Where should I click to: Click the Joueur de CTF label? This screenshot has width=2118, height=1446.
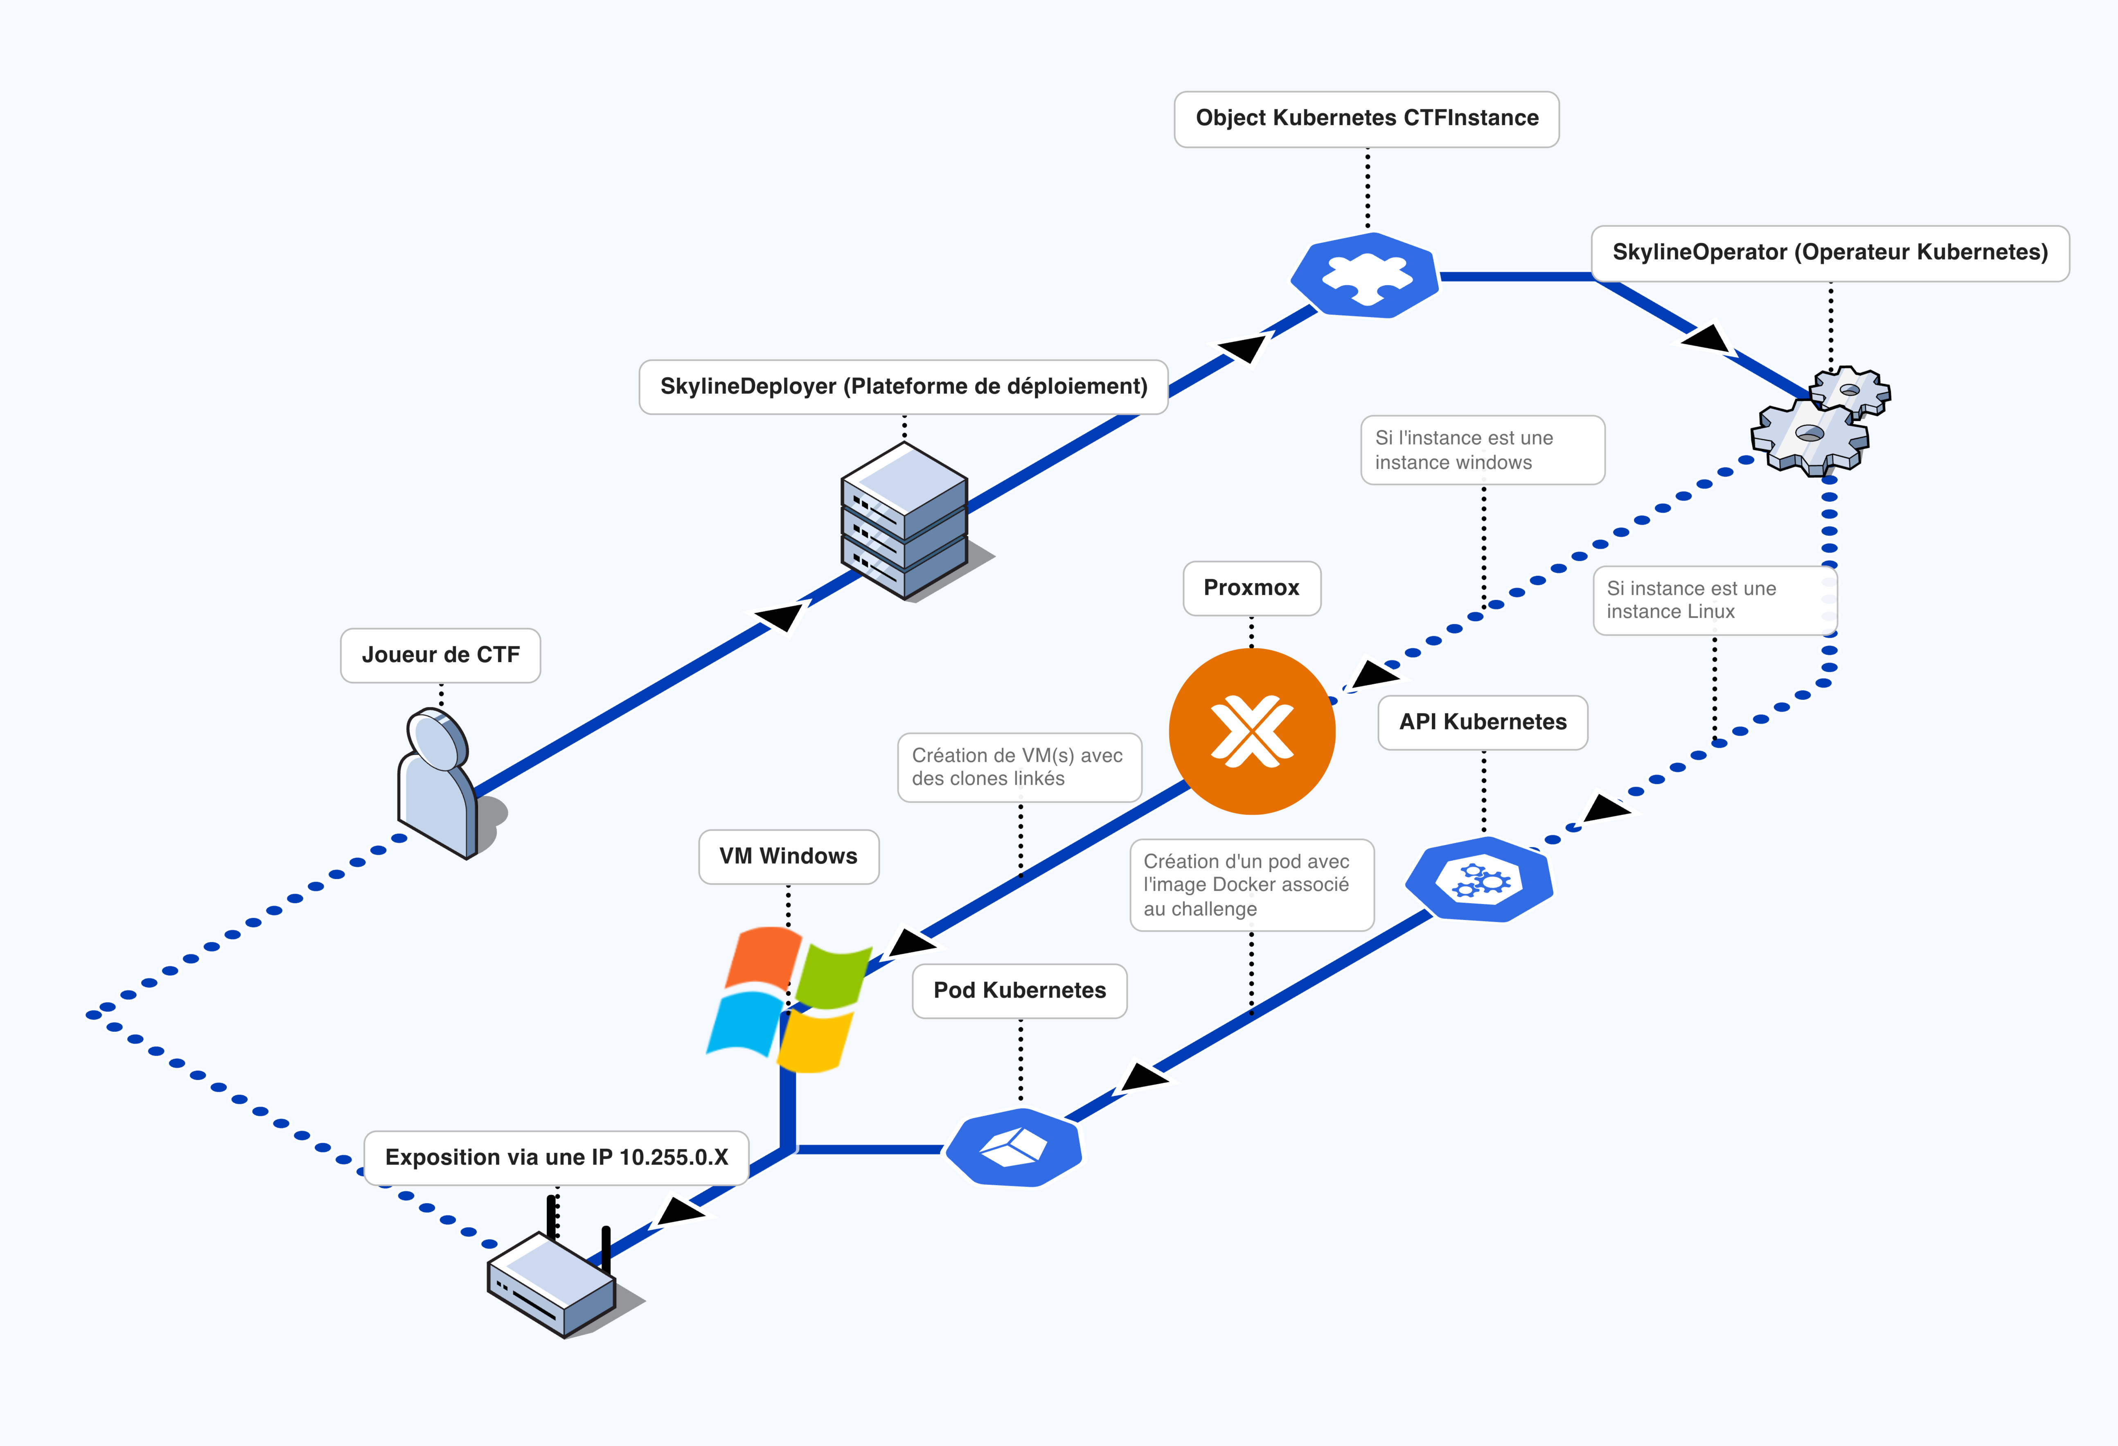tap(440, 654)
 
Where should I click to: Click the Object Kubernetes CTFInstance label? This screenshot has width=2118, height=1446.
tap(1366, 119)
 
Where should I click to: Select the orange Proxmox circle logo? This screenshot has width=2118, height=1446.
tap(1252, 731)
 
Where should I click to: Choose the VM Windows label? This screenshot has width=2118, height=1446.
tap(789, 856)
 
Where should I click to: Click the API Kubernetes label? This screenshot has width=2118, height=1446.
tap(1483, 722)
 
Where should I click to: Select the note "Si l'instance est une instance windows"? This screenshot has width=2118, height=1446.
tap(1482, 450)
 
